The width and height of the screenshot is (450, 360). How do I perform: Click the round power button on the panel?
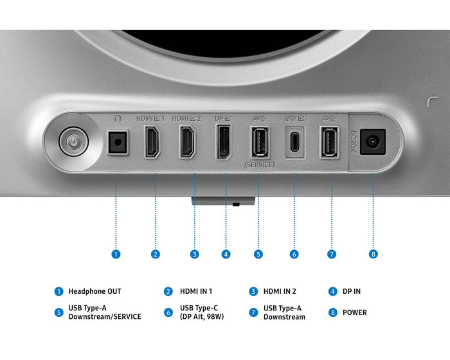[74, 141]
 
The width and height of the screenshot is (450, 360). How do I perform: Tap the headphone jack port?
[118, 142]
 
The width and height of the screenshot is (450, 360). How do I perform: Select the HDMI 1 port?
[152, 142]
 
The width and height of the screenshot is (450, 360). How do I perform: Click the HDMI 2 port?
[188, 142]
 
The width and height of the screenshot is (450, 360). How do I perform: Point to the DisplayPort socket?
[224, 142]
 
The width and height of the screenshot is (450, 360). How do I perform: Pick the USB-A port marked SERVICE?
[260, 142]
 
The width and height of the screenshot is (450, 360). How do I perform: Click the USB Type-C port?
[294, 142]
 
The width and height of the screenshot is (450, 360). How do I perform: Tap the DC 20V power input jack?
[372, 142]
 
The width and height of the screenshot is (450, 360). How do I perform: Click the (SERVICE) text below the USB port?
[260, 165]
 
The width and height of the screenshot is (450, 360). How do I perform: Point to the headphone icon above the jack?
[118, 118]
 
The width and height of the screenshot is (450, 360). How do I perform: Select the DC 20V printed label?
[354, 141]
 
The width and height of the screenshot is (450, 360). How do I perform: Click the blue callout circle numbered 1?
[116, 254]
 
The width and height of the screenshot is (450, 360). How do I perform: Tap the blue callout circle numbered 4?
[226, 254]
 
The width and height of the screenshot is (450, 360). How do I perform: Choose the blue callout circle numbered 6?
[294, 254]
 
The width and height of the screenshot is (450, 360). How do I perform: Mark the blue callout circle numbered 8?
[373, 254]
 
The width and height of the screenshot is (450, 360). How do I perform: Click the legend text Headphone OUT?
[94, 291]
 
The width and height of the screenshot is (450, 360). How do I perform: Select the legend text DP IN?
[352, 291]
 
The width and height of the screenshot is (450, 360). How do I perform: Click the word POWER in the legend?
[355, 312]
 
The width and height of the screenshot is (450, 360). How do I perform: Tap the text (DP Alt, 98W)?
[202, 317]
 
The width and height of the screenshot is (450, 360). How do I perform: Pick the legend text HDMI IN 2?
[280, 291]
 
